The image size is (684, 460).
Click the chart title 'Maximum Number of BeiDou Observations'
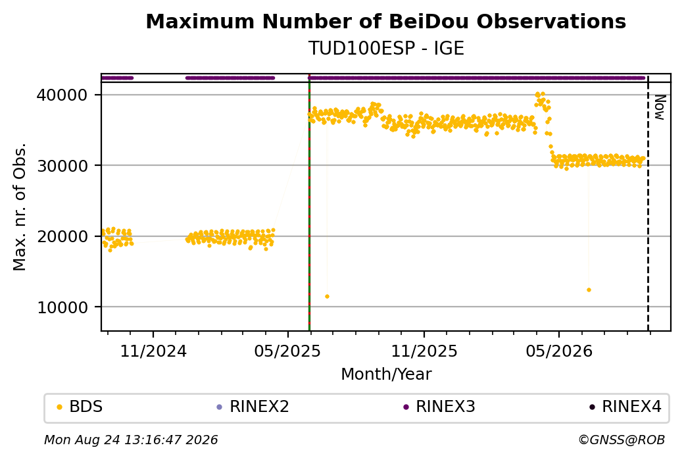385,21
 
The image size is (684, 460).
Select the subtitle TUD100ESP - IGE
386,48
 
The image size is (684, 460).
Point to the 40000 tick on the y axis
62,95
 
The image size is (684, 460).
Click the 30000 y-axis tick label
62,166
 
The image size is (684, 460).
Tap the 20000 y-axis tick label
62,236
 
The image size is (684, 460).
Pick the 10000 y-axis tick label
62,307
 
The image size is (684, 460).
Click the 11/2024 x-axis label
153,351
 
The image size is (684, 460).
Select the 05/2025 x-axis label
287,351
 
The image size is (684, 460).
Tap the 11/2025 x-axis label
424,351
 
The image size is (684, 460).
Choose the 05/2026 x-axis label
559,351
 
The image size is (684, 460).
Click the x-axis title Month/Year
386,374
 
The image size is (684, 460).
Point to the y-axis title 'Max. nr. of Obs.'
20,207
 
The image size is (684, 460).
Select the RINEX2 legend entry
253,407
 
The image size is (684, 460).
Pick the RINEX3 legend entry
439,407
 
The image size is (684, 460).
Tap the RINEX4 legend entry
625,407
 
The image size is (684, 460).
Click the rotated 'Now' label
660,107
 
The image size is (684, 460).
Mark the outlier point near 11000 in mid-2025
327,297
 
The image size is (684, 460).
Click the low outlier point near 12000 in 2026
589,290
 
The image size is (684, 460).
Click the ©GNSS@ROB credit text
622,440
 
